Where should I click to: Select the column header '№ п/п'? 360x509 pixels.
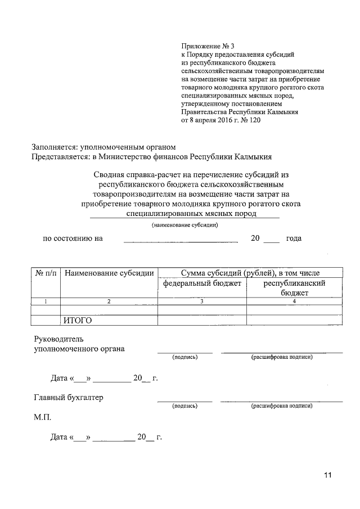click(46, 273)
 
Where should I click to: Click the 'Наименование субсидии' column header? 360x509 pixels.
click(109, 273)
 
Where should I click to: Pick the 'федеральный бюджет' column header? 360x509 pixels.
click(202, 283)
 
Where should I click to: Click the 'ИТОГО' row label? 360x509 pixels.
click(77, 321)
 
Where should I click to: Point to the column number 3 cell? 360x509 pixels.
click(202, 301)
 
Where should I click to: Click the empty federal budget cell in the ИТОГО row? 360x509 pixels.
click(202, 321)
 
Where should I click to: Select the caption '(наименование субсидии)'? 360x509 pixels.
click(184, 225)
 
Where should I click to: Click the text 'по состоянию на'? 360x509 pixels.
click(73, 238)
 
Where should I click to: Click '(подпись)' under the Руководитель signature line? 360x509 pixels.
click(184, 357)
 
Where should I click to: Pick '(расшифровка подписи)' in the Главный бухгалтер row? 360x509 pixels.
click(281, 405)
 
